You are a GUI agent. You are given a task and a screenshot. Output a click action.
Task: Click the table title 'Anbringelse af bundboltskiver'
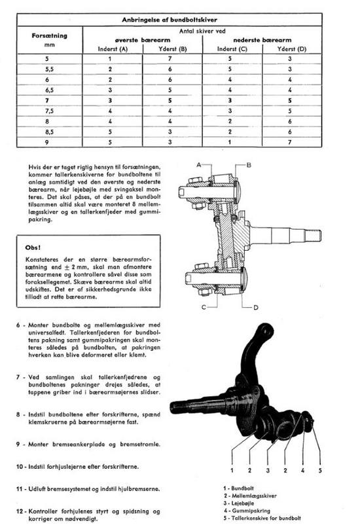(x=170, y=20)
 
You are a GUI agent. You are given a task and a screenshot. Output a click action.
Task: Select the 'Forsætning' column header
(x=49, y=36)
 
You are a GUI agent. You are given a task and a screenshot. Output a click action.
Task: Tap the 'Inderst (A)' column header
(x=113, y=49)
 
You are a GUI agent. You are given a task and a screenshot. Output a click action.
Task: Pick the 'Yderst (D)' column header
(x=291, y=49)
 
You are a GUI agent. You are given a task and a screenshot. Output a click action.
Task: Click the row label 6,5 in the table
(x=49, y=90)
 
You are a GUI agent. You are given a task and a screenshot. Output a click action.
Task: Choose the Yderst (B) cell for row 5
(x=170, y=59)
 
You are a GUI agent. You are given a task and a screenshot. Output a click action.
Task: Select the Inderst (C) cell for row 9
(x=230, y=142)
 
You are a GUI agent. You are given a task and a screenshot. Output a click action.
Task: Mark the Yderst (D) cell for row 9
(x=289, y=142)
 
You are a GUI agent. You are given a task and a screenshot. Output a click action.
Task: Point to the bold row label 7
(x=47, y=101)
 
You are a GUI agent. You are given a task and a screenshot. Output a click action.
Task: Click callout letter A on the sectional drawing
(x=199, y=164)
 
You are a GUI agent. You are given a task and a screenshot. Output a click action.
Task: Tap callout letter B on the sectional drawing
(x=249, y=165)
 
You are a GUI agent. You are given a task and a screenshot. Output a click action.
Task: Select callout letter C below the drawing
(x=204, y=307)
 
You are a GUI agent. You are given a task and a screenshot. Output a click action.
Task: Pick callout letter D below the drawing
(x=256, y=307)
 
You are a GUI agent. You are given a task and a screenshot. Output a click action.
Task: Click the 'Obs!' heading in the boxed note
(x=33, y=247)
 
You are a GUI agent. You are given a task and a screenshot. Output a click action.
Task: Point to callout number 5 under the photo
(x=320, y=470)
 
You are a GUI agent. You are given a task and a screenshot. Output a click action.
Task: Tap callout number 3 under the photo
(x=268, y=470)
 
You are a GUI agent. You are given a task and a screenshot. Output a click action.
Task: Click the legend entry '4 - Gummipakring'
(x=247, y=511)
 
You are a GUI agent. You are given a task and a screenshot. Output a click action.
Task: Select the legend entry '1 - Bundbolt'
(x=238, y=488)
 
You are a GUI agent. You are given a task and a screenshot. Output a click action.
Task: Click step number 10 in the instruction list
(x=20, y=467)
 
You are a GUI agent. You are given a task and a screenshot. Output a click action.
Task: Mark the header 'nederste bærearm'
(x=262, y=40)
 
